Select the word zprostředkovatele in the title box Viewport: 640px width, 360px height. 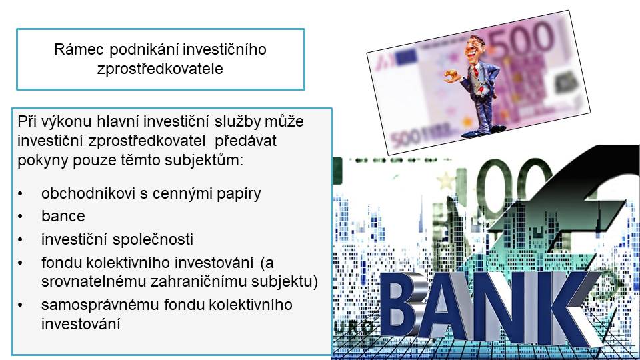160,69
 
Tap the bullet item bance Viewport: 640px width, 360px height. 63,216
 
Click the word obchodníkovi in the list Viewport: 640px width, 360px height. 88,193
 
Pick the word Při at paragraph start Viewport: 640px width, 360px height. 27,121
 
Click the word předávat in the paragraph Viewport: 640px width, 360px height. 246,141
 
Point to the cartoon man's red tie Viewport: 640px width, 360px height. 475,74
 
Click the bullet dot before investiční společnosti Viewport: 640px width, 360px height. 20,239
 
